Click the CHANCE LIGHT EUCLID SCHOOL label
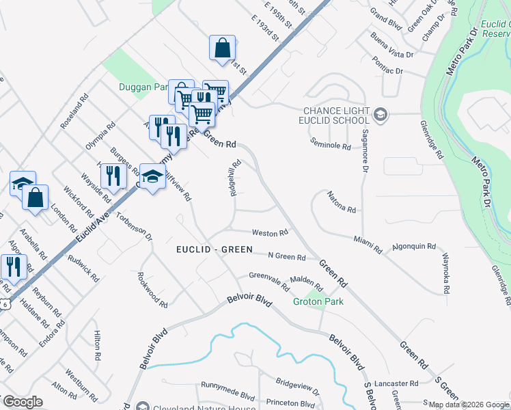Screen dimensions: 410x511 pyautogui.click(x=335, y=115)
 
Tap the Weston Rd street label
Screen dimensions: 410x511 pyautogui.click(x=269, y=233)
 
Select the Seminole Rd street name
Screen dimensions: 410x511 pyautogui.click(x=330, y=146)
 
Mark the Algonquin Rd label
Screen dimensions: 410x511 pyautogui.click(x=414, y=246)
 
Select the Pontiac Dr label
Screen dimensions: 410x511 pyautogui.click(x=389, y=70)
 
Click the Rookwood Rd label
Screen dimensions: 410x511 pyautogui.click(x=152, y=290)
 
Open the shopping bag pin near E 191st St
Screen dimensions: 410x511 pyautogui.click(x=223, y=49)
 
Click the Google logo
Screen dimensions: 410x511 pyautogui.click(x=23, y=402)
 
